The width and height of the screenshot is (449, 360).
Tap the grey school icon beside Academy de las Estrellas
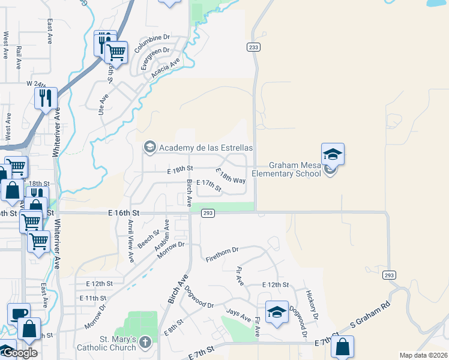click(149, 147)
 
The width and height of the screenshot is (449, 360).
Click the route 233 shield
click(253, 47)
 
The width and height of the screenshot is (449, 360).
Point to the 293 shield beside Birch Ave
click(208, 212)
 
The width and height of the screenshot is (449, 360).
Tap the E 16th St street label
click(124, 213)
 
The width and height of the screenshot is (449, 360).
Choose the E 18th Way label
click(231, 175)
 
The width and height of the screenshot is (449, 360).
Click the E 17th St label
click(209, 185)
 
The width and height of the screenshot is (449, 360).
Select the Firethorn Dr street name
click(222, 253)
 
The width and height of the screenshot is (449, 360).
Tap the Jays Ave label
click(238, 315)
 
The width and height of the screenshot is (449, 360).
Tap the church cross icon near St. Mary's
click(145, 343)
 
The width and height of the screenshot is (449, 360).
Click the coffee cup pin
click(19, 314)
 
